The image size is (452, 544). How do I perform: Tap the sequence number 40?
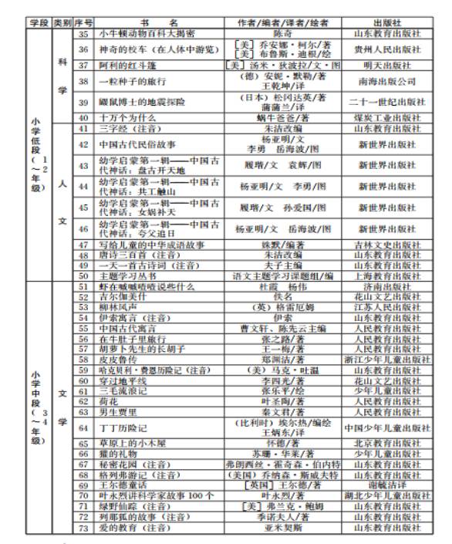(x=84, y=117)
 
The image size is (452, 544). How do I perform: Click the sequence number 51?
(x=84, y=286)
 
